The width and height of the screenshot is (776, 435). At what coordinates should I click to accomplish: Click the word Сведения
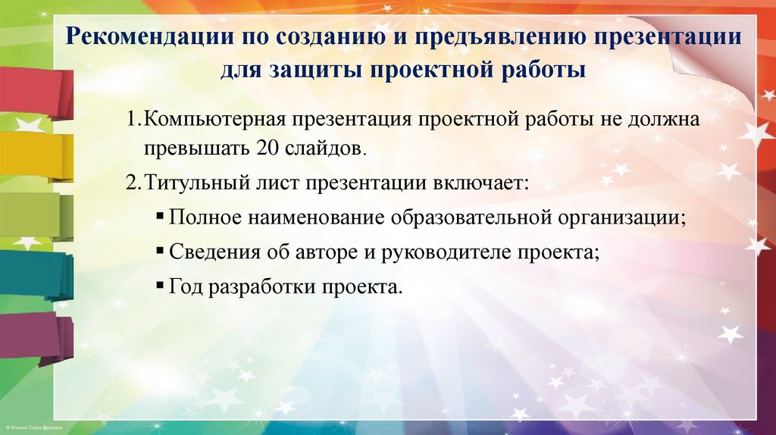216,253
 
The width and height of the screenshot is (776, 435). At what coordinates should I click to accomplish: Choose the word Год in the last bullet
186,289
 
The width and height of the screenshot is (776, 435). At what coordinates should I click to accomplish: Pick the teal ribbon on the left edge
34,273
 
